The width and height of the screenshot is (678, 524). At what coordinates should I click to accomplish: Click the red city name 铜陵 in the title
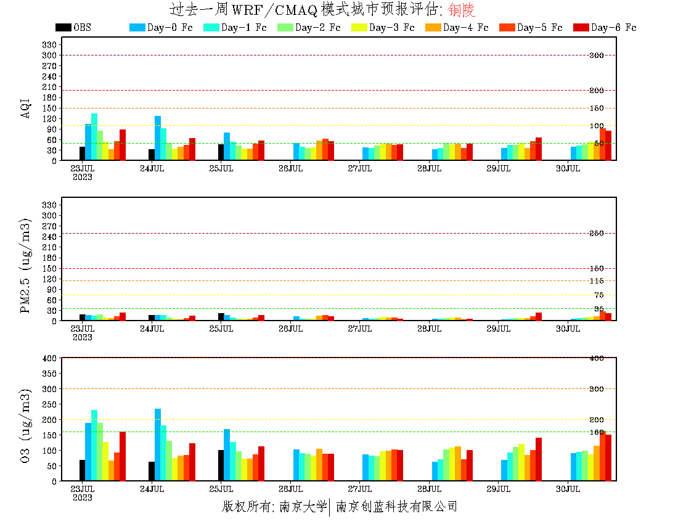tap(462, 10)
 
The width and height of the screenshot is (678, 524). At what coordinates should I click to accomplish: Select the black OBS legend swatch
tap(63, 28)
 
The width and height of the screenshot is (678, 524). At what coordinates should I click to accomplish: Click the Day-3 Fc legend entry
tap(383, 28)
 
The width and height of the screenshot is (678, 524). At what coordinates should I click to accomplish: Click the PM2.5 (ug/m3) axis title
tap(26, 265)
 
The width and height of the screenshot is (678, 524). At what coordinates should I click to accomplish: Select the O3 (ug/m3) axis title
tap(26, 425)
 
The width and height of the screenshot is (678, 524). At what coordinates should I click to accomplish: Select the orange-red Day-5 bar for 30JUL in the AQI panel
tap(603, 144)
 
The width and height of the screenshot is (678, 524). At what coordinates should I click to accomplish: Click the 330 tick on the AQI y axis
tap(50, 44)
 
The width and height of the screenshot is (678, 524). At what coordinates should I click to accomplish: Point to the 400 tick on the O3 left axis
tap(50, 358)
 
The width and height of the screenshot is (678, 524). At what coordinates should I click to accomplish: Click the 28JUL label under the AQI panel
tap(429, 168)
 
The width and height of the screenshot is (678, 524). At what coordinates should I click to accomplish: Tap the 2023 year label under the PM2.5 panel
tap(83, 337)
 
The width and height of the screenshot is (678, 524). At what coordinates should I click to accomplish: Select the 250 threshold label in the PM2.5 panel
tap(597, 233)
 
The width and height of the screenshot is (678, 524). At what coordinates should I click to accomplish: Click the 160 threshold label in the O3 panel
tap(597, 432)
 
